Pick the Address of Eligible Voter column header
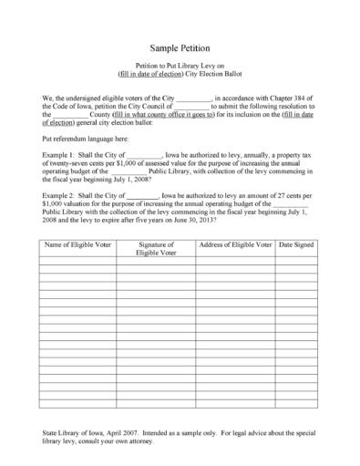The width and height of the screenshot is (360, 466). pyautogui.click(x=235, y=245)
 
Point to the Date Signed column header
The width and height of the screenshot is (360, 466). pyautogui.click(x=296, y=245)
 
